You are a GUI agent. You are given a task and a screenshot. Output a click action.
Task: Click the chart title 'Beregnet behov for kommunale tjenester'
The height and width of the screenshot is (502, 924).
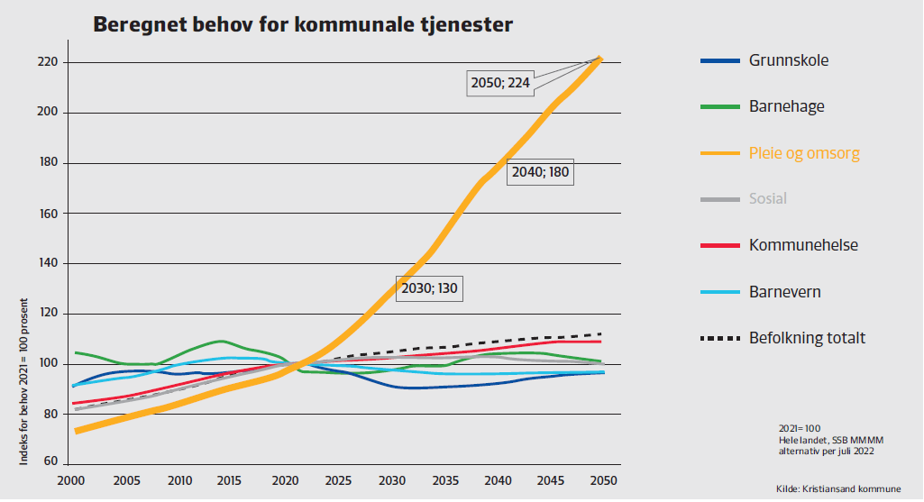point(303,25)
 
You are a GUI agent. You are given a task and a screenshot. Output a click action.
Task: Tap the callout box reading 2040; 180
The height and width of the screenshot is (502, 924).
point(540,172)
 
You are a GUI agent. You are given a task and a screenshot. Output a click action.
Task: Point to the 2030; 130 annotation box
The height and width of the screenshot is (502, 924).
point(429,288)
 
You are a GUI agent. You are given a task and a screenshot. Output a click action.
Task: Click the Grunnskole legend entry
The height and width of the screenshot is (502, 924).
point(788,60)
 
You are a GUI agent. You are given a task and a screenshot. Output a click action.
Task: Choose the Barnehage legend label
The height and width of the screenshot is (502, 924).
point(786,106)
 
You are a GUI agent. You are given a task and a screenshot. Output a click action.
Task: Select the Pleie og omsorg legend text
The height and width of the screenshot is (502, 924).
point(804,152)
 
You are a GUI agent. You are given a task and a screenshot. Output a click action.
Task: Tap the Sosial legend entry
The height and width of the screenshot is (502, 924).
point(767,198)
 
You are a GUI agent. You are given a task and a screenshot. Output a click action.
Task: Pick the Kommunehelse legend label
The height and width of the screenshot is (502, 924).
point(803,245)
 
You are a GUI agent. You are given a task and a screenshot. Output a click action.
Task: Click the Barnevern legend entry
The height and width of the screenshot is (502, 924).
point(784,292)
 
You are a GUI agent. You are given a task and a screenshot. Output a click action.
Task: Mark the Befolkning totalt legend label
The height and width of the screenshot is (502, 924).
point(807,338)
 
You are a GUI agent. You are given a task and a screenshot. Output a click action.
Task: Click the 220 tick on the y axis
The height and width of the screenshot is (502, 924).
point(48,62)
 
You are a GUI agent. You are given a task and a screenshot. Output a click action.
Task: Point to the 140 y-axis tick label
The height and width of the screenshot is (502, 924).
point(48,263)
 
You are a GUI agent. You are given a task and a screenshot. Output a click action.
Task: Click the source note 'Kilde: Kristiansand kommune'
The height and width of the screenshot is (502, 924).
point(837,488)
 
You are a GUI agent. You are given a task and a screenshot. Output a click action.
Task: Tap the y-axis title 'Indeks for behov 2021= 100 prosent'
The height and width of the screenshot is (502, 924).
point(24,382)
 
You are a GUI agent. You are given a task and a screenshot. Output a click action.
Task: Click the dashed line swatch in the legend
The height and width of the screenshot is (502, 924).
point(719,339)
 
